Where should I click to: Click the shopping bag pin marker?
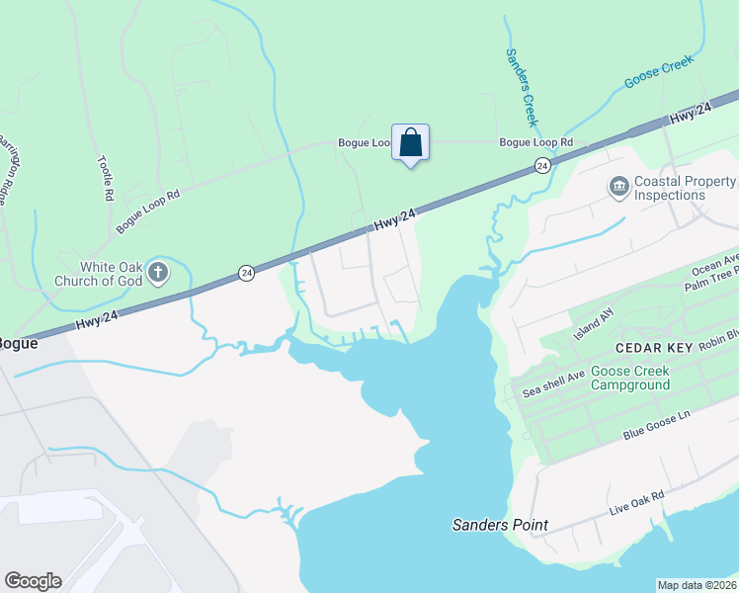click(x=410, y=143)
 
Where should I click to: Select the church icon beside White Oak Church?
click(x=158, y=271)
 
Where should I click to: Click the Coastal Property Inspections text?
click(x=684, y=188)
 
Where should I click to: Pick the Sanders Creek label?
click(x=521, y=88)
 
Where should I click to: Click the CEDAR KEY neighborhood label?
click(x=656, y=348)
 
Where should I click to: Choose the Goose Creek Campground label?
click(x=630, y=379)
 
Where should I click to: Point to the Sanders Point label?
click(x=500, y=525)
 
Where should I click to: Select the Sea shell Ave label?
click(x=553, y=382)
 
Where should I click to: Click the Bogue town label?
click(x=18, y=344)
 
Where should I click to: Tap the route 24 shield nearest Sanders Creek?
click(x=542, y=165)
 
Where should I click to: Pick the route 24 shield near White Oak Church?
click(x=247, y=272)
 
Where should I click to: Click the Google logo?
click(x=33, y=581)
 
